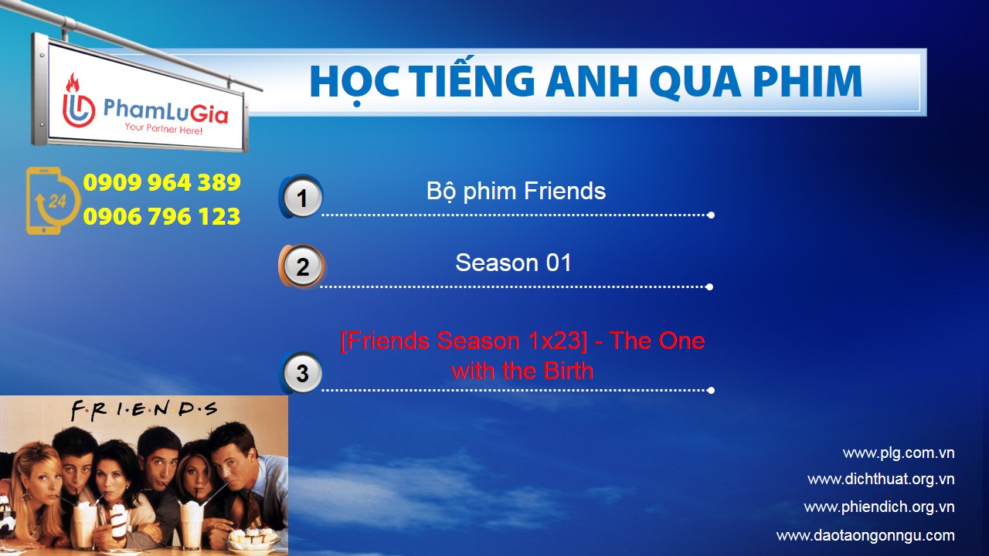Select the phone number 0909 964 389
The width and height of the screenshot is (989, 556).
pos(161,182)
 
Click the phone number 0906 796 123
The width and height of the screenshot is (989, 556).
pos(161,216)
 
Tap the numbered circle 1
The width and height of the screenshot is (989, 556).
pos(301,197)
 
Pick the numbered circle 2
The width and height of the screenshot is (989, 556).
pos(302,266)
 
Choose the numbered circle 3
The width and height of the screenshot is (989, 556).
pos(302,373)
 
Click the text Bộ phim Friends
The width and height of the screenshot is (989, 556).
pos(515,192)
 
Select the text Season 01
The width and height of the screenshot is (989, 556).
pos(514,263)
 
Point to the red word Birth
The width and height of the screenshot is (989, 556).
pos(568,370)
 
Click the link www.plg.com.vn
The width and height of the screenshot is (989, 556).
pos(899,453)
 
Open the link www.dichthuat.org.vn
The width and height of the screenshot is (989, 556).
pos(882,480)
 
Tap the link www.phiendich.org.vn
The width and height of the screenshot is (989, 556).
pos(879,507)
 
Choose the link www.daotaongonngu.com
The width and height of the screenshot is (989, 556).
pos(865,535)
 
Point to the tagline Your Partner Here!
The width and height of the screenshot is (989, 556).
pos(163,129)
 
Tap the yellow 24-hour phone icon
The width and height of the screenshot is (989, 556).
pos(53,201)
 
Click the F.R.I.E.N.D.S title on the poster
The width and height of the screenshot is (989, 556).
pos(144,409)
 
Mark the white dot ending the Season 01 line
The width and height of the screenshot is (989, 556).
pos(709,286)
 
